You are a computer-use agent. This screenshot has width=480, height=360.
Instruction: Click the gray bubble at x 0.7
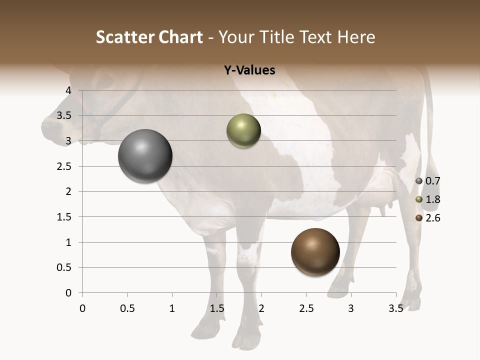click(x=145, y=156)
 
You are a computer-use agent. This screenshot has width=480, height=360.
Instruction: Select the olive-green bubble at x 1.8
click(x=243, y=131)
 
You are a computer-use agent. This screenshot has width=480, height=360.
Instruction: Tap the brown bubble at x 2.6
click(x=315, y=252)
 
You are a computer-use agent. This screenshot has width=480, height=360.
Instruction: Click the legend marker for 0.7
click(x=419, y=180)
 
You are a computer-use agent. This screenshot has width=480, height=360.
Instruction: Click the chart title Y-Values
click(x=249, y=70)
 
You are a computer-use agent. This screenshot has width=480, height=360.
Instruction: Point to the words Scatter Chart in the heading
click(x=149, y=37)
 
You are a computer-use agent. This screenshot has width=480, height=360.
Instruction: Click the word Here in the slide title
click(x=355, y=37)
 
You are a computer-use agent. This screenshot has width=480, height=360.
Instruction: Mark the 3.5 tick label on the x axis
click(x=395, y=308)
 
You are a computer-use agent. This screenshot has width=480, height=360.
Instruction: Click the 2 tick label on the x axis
click(x=261, y=308)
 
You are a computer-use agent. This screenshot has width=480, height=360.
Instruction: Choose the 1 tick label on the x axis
click(x=172, y=308)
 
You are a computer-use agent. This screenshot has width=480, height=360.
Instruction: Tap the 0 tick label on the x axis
click(x=82, y=308)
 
